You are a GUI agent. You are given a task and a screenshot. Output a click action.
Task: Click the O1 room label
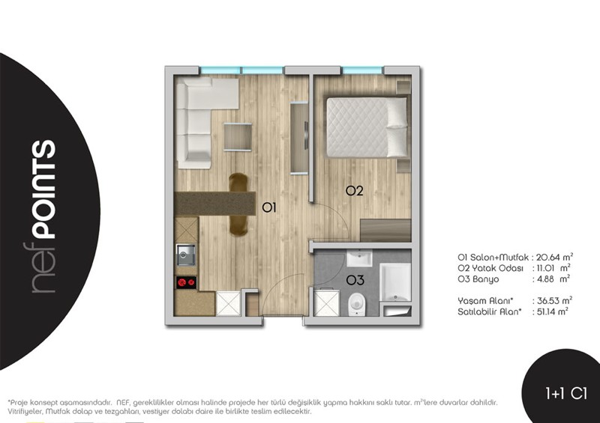268,207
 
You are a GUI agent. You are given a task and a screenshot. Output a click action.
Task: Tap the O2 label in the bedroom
354,191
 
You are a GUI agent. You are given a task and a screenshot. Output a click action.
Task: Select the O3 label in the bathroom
355,281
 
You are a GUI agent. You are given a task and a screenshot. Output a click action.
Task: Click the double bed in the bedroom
366,127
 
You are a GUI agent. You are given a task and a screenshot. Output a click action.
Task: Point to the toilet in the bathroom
357,304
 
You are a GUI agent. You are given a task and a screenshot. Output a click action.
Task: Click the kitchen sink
186,255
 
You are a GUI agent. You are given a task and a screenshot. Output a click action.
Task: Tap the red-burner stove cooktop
186,282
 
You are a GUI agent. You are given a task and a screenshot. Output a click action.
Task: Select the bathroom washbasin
359,258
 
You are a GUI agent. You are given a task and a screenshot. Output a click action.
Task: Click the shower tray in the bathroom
395,282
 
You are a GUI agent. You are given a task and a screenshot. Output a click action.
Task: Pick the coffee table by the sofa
238,137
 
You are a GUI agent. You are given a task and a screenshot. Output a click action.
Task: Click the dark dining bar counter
214,204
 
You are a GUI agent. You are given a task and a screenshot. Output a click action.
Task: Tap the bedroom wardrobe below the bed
385,230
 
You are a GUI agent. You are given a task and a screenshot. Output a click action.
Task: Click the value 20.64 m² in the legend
554,257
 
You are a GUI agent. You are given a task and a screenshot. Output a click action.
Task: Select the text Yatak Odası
497,268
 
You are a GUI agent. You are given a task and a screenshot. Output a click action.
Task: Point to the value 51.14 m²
552,311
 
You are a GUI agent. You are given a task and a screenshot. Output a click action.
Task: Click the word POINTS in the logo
43,189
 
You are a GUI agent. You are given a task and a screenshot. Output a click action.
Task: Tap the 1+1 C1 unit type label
566,394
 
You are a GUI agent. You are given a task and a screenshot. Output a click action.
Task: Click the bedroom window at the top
362,70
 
